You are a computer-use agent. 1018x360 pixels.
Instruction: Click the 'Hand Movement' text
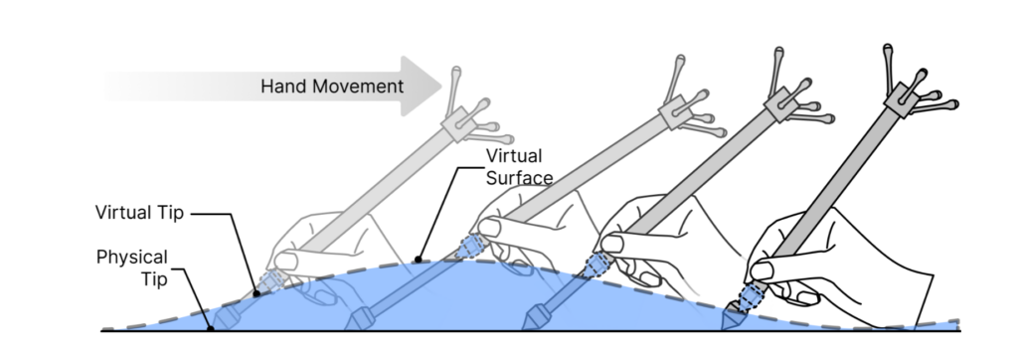tap(332, 87)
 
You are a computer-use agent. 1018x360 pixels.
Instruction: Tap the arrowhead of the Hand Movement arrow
tap(422, 86)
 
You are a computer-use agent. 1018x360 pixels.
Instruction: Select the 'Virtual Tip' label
tap(139, 213)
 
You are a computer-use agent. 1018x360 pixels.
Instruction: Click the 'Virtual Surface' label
tap(519, 167)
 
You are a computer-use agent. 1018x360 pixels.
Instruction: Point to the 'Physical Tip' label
tap(132, 268)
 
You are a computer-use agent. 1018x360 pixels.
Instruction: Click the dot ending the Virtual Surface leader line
tap(419, 260)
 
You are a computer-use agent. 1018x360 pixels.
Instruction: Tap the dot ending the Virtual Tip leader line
tap(256, 293)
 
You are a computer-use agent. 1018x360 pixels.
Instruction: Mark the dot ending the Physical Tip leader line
tap(211, 329)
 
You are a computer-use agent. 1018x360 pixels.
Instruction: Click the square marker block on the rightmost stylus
tap(901, 99)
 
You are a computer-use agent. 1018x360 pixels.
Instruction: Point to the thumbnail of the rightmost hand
tap(762, 270)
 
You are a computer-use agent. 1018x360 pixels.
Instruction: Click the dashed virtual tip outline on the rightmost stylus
tap(752, 296)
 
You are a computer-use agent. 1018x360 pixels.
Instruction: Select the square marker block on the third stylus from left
tap(781, 104)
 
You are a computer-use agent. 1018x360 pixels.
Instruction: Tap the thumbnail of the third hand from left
tap(612, 244)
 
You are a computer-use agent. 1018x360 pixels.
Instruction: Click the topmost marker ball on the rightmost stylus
tap(888, 48)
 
